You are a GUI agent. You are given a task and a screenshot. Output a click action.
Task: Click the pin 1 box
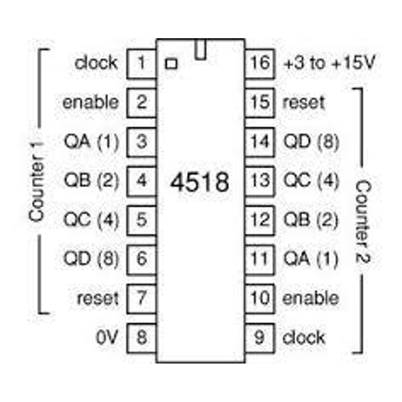141,63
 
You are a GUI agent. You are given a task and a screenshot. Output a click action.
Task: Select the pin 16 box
260,63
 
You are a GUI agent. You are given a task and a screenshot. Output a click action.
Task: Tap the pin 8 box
141,337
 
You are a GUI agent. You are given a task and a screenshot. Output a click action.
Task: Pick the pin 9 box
260,337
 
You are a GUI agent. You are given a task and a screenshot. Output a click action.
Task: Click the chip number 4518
200,182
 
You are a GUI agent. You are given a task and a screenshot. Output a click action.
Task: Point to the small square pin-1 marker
172,64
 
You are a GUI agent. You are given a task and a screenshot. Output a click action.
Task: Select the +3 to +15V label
329,63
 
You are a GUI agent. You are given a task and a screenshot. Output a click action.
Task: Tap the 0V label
107,338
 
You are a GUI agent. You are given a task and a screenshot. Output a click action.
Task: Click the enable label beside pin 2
90,102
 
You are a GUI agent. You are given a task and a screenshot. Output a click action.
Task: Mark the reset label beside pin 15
304,102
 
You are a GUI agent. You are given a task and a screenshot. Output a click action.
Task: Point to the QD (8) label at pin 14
311,141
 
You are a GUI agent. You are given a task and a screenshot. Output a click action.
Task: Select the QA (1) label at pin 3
91,141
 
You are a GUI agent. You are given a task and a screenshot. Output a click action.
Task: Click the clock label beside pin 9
304,338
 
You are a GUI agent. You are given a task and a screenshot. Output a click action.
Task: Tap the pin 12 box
260,220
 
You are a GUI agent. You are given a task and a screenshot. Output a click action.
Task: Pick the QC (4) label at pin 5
91,220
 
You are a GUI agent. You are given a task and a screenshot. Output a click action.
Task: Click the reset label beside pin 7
97,298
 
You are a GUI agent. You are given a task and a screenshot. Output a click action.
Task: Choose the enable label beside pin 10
311,298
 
